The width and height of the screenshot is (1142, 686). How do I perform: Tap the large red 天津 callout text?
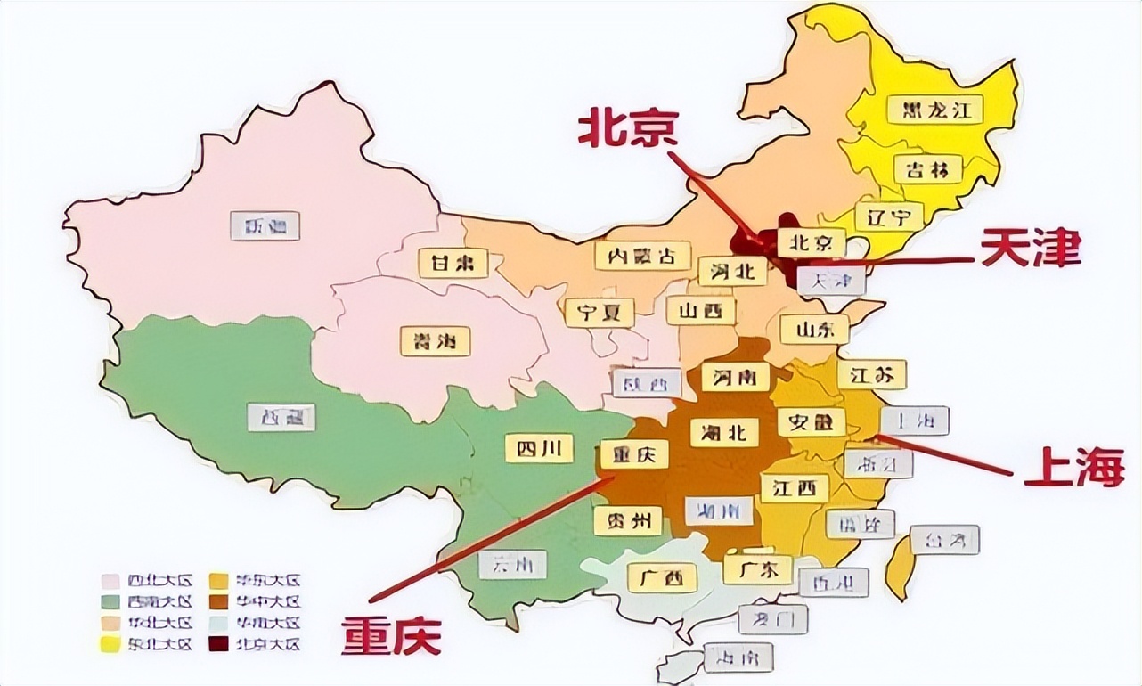click(x=1031, y=249)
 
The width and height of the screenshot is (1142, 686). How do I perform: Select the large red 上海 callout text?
click(x=1073, y=467)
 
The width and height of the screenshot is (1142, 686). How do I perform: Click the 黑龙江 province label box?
click(x=934, y=110)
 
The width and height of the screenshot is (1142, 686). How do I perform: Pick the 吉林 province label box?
click(x=928, y=169)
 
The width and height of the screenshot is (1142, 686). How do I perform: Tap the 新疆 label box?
click(x=265, y=225)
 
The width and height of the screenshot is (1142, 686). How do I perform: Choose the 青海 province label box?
click(x=435, y=341)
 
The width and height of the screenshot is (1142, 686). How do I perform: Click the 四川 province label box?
click(x=539, y=448)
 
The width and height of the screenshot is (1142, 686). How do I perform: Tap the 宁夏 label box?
click(x=600, y=313)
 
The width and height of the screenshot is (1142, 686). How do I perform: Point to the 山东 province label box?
click(x=814, y=329)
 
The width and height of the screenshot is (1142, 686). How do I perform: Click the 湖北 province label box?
click(x=724, y=432)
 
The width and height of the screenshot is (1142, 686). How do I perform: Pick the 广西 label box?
click(x=662, y=578)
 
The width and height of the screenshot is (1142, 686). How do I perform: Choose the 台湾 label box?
click(x=944, y=539)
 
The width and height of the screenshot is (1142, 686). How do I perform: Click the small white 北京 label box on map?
click(x=811, y=241)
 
